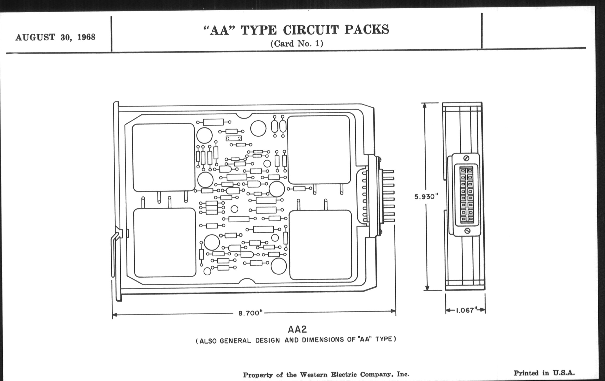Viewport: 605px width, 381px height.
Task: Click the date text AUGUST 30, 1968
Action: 55,37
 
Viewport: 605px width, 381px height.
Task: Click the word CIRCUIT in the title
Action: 311,30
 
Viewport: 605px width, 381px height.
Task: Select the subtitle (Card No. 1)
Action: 297,44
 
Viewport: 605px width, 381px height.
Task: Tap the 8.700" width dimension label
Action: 250,313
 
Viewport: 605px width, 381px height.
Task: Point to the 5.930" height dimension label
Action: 426,197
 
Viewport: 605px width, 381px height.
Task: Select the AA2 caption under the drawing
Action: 297,329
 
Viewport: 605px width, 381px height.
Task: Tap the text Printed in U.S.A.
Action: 544,373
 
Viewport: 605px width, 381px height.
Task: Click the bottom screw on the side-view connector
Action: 467,230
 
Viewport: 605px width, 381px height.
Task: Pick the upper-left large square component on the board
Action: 163,157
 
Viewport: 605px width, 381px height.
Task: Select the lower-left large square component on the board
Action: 165,243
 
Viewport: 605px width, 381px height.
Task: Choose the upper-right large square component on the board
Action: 319,150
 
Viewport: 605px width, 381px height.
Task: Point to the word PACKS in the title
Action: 367,29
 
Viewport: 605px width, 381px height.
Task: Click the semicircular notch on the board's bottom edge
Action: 247,281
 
